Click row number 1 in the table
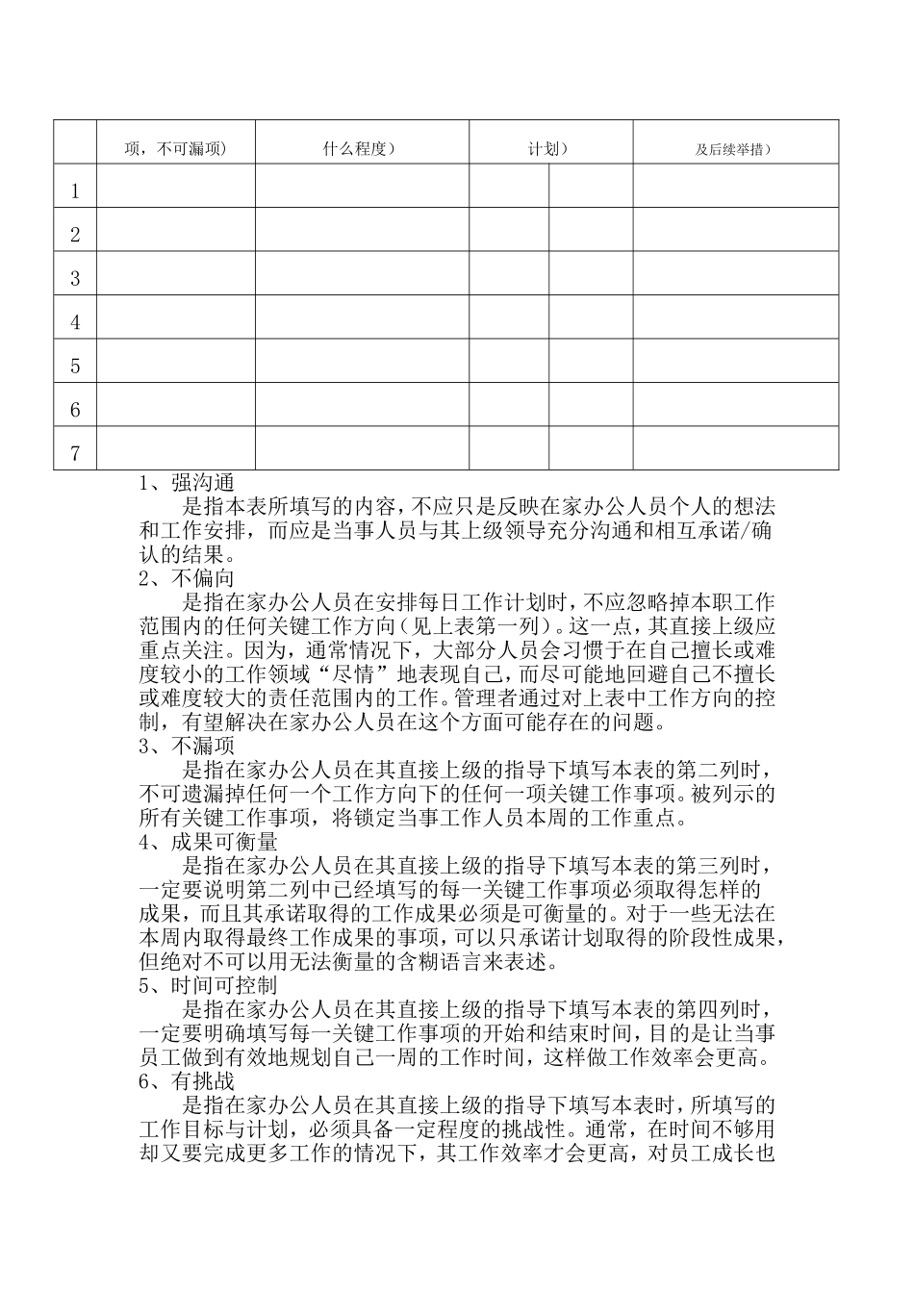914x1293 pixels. tap(75, 191)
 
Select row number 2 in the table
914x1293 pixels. tap(75, 235)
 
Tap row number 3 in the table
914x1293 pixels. tap(75, 279)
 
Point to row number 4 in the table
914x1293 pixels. tap(75, 322)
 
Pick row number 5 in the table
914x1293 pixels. tap(75, 367)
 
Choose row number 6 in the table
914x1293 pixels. tap(75, 410)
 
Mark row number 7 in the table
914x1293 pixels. tap(75, 454)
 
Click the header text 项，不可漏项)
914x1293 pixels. tap(175, 149)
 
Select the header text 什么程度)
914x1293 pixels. tap(361, 148)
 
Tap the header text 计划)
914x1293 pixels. tap(549, 149)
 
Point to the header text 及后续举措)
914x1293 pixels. tap(735, 149)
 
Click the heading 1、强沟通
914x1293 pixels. tap(187, 483)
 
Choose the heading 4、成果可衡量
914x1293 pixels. tap(208, 843)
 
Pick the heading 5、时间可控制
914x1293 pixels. tap(208, 986)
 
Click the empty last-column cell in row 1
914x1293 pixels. tap(735, 186)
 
